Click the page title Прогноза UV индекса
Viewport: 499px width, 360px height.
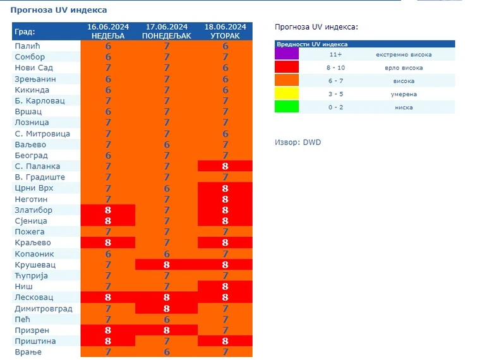tap(59, 10)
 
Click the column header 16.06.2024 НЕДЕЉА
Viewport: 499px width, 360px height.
tap(108, 31)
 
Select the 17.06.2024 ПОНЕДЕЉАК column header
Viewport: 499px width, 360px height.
tap(167, 31)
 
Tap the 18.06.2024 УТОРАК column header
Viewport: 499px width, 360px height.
tap(225, 31)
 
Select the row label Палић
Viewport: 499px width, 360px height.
tap(27, 46)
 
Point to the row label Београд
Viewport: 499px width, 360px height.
tap(31, 155)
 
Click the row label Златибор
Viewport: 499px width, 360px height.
tap(33, 210)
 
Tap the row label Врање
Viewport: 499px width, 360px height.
tap(28, 352)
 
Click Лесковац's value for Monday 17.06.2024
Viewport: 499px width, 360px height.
tap(167, 297)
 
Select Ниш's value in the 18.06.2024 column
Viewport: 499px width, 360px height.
tap(225, 286)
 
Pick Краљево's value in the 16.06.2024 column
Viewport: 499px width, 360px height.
tap(108, 243)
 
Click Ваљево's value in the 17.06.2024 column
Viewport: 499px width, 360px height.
tap(167, 145)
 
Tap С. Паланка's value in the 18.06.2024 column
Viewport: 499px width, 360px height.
tap(225, 166)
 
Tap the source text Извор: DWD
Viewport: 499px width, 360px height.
tap(298, 142)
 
